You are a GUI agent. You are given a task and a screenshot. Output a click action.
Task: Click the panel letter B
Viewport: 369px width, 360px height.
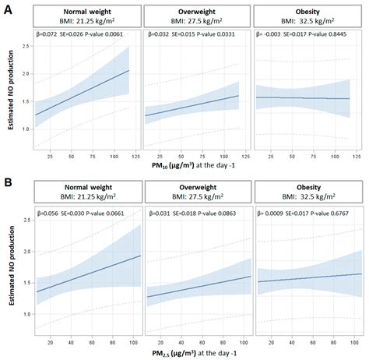click(x=7, y=185)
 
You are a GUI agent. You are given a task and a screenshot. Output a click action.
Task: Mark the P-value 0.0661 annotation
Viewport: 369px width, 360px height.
click(x=108, y=212)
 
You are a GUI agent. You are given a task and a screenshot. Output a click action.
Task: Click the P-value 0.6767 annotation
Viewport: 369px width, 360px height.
click(x=334, y=212)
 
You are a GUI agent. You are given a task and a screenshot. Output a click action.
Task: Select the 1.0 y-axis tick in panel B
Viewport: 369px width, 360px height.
click(x=28, y=313)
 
